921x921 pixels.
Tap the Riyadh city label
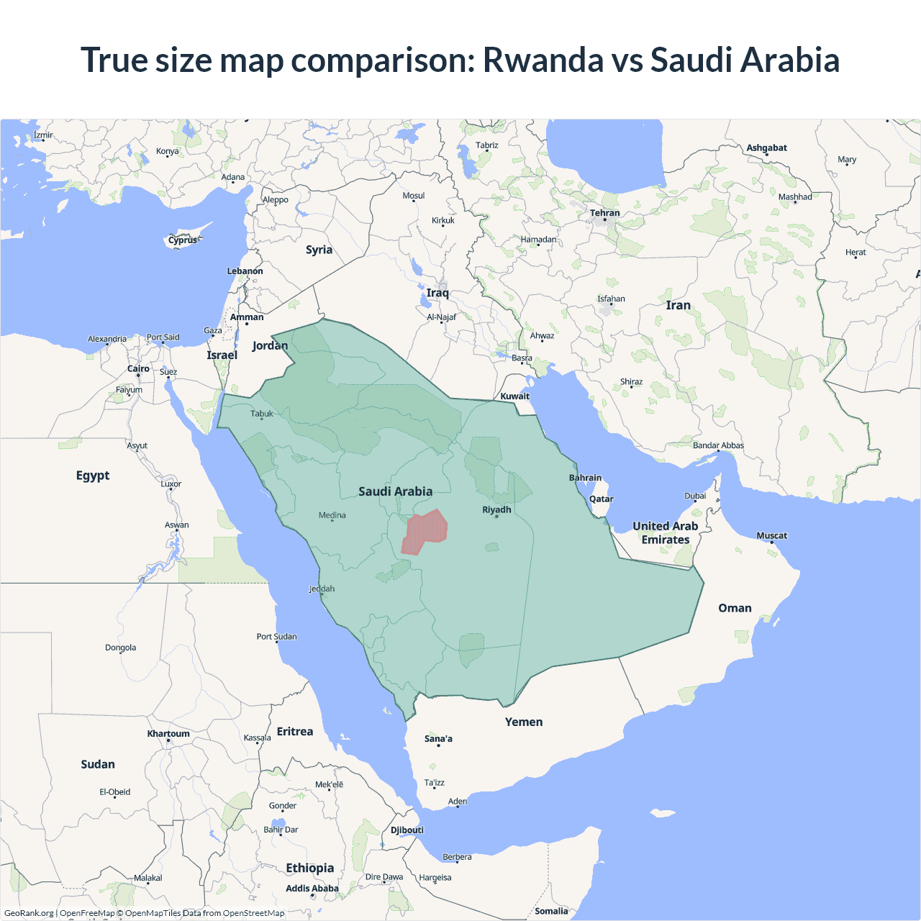496,509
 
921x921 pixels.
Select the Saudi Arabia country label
395,491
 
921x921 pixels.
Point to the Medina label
332,515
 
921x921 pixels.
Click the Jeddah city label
322,589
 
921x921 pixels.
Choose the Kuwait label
514,396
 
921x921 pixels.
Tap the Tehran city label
604,213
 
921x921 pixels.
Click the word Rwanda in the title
543,60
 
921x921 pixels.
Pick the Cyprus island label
183,240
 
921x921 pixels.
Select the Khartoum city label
168,734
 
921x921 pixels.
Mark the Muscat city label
771,535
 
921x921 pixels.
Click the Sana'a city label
438,738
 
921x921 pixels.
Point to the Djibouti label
407,830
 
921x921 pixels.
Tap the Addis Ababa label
312,889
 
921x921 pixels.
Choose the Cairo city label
138,368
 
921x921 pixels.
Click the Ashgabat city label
766,148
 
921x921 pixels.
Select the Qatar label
601,499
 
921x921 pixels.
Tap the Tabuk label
262,414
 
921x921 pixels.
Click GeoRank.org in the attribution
29,913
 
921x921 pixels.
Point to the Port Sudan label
276,636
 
